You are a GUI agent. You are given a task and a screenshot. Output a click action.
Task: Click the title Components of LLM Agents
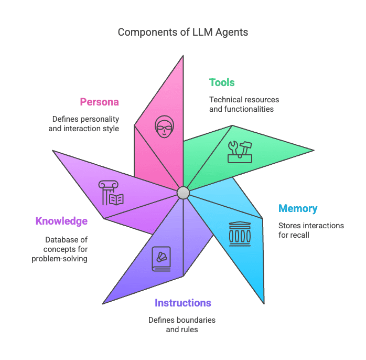click(x=183, y=32)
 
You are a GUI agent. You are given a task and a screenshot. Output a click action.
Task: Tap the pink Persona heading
click(x=100, y=102)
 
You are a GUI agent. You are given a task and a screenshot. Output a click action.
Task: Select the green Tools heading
click(x=222, y=82)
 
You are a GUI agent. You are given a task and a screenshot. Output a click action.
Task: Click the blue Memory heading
click(x=298, y=209)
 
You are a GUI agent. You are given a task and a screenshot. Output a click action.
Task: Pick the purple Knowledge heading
click(x=61, y=221)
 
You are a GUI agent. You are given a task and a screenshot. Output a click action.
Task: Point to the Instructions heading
click(x=183, y=303)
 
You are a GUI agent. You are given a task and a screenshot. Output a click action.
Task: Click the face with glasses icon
click(x=164, y=126)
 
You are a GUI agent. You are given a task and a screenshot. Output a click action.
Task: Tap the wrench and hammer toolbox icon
click(x=240, y=152)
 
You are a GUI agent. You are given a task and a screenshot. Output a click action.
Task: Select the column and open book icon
click(x=111, y=193)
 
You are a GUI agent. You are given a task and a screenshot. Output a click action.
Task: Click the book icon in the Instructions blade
click(x=162, y=259)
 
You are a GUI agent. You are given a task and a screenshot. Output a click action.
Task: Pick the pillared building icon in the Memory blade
click(x=240, y=234)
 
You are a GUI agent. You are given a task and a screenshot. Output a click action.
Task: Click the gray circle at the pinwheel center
click(x=183, y=193)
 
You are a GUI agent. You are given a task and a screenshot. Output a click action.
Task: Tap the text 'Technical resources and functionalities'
click(x=244, y=104)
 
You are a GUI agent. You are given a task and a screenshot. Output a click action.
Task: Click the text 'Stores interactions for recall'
click(x=311, y=230)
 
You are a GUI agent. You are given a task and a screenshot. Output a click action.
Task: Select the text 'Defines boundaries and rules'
click(x=182, y=324)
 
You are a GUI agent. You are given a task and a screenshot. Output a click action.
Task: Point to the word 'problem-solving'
click(x=60, y=259)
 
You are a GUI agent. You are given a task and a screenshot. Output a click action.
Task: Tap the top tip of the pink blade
click(x=183, y=56)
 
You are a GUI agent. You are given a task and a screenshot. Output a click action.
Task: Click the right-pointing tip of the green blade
click(x=314, y=151)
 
